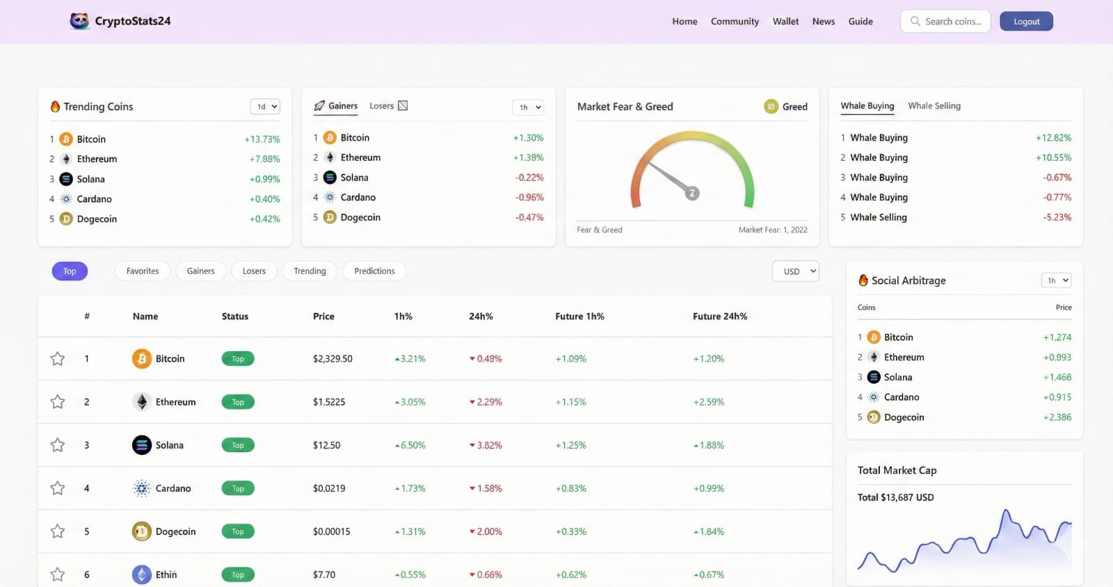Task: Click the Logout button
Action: (x=1026, y=22)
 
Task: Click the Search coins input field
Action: (x=952, y=22)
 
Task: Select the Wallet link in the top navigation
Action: (x=785, y=22)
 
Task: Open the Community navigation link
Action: (x=735, y=22)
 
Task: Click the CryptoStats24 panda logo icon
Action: (x=79, y=21)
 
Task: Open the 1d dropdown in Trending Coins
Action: (x=265, y=106)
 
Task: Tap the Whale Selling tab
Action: (x=934, y=106)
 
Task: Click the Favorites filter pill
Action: (x=143, y=271)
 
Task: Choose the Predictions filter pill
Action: (x=374, y=271)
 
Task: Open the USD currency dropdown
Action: (x=795, y=271)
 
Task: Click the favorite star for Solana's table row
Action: (x=58, y=445)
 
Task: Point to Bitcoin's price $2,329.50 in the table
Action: (x=333, y=359)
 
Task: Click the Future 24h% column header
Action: (x=720, y=316)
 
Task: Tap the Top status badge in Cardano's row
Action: (x=238, y=488)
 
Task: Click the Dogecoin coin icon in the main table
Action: (x=142, y=531)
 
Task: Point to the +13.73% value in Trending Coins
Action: (x=262, y=139)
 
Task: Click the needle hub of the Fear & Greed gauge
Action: (x=692, y=193)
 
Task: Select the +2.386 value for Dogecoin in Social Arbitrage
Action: (x=1057, y=417)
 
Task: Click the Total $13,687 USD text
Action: (x=895, y=497)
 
